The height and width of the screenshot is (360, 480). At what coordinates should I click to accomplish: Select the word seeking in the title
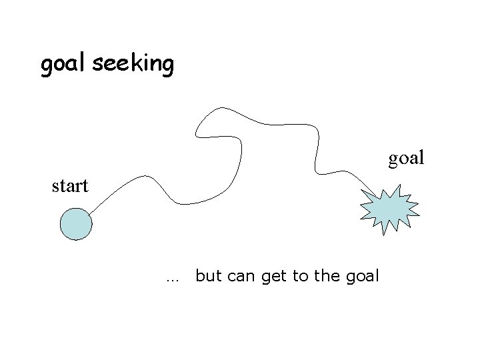coord(133,65)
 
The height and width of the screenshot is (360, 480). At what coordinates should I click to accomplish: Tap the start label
coord(70,185)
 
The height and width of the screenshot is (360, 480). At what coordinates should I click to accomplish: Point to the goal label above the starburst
coord(406,158)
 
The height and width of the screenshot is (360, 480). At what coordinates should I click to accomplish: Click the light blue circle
coord(75,223)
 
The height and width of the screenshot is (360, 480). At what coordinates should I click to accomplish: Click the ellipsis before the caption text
coord(174,277)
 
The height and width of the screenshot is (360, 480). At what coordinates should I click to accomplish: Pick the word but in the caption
coord(209,276)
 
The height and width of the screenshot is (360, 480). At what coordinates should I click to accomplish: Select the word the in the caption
coord(326,276)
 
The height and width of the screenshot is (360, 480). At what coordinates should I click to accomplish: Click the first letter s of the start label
coord(56,187)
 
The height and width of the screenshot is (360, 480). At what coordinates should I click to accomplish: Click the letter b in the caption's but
coord(200,275)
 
